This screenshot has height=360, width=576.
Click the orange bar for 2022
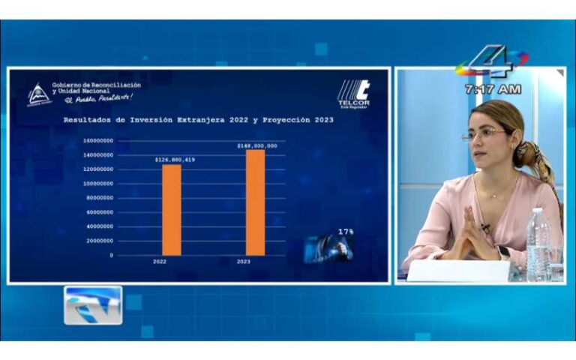(172, 210)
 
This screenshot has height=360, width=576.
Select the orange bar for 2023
(255, 202)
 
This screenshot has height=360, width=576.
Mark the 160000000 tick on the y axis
(98, 140)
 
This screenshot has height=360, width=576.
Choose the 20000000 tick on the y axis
(100, 241)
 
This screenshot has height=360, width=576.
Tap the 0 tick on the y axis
(111, 255)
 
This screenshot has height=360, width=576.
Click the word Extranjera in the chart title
(202, 120)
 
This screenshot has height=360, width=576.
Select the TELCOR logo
(353, 94)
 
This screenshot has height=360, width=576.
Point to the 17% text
(346, 232)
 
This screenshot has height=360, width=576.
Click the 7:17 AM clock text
(493, 88)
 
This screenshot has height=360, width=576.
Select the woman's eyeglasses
(483, 134)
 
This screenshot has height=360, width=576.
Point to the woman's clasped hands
(470, 238)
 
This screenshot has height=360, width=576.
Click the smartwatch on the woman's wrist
(504, 252)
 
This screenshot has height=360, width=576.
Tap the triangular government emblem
(38, 94)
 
